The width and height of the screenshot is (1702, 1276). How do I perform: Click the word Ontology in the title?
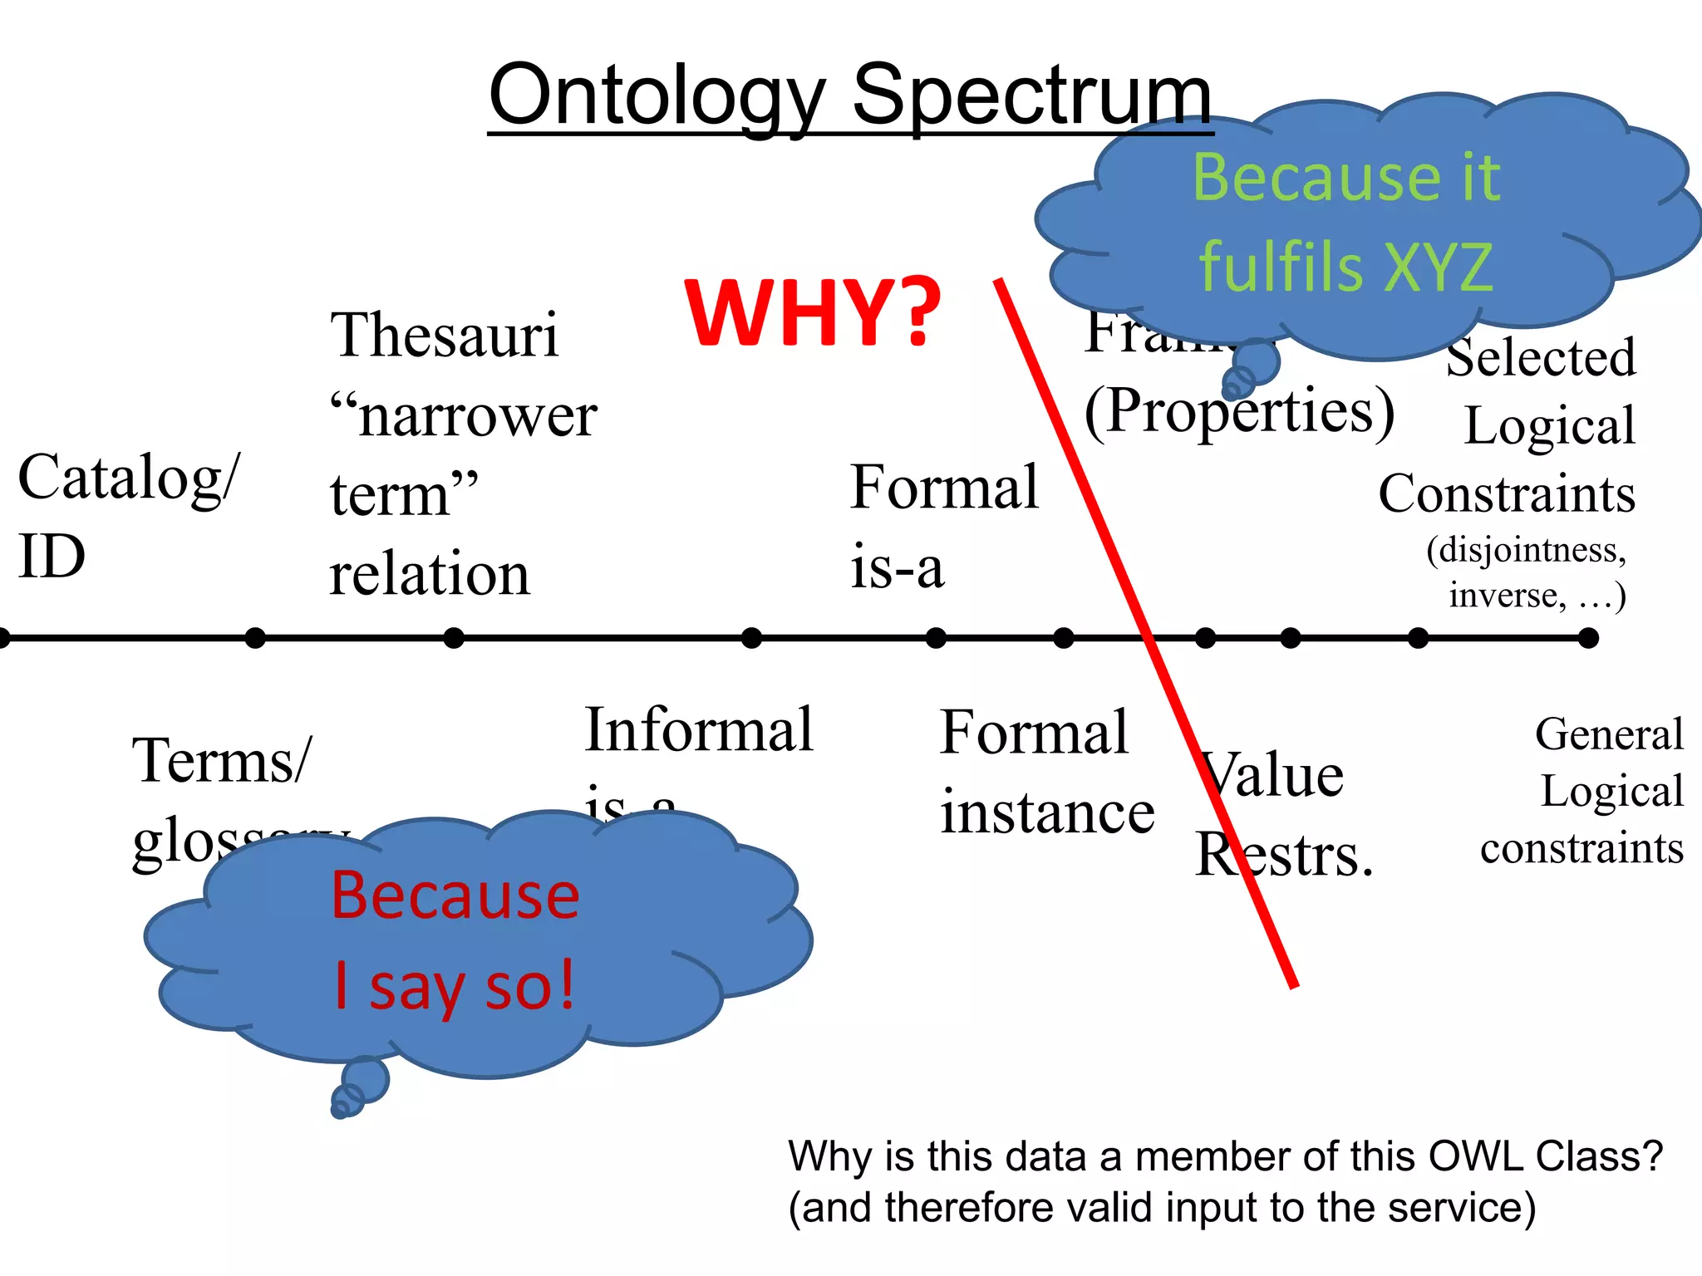657,98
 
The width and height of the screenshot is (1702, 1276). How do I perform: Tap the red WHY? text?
813,313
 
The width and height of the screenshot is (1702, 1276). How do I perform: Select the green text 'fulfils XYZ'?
1346,267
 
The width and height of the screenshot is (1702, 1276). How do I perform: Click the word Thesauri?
444,335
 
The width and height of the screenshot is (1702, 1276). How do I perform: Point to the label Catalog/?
129,479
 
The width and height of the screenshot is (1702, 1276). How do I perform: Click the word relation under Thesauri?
429,574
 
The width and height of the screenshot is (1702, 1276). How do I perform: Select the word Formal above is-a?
944,488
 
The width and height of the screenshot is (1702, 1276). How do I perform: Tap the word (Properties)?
1238,411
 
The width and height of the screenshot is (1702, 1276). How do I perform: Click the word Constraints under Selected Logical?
1506,493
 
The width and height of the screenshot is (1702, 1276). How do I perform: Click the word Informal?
698,731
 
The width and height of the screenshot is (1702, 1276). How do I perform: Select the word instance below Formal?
1047,812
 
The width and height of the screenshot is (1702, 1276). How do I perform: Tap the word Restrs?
1284,855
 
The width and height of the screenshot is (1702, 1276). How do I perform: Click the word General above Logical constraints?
1608,734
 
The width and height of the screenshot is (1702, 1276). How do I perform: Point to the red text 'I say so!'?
454,986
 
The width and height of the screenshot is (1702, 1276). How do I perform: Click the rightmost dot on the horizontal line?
1588,638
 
